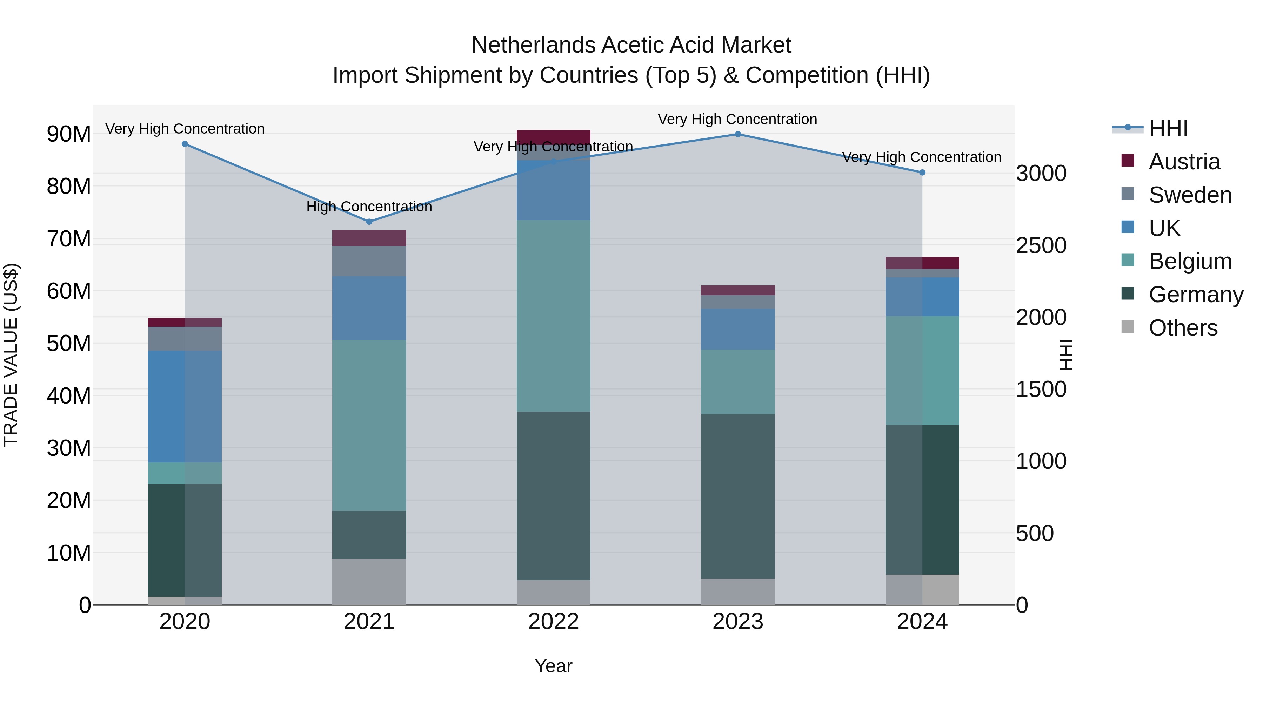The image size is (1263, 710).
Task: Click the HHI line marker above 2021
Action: click(369, 222)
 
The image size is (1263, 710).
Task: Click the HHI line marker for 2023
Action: click(737, 134)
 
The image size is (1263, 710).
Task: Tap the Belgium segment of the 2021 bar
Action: click(369, 425)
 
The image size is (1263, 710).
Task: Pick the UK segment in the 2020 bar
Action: click(185, 406)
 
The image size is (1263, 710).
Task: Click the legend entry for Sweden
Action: click(1190, 195)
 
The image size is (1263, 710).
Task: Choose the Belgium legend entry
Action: click(1190, 261)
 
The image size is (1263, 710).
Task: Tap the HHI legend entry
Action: click(1168, 128)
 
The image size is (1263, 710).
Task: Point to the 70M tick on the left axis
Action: click(69, 239)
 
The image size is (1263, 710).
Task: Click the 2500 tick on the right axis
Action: click(1041, 245)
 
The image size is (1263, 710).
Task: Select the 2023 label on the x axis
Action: click(737, 622)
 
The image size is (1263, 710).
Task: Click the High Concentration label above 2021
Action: click(369, 207)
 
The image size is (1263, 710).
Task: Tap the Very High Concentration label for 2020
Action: click(185, 129)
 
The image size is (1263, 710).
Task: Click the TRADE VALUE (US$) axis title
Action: click(11, 355)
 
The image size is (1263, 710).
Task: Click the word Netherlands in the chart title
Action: click(533, 45)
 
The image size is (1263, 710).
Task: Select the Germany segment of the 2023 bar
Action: click(737, 495)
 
